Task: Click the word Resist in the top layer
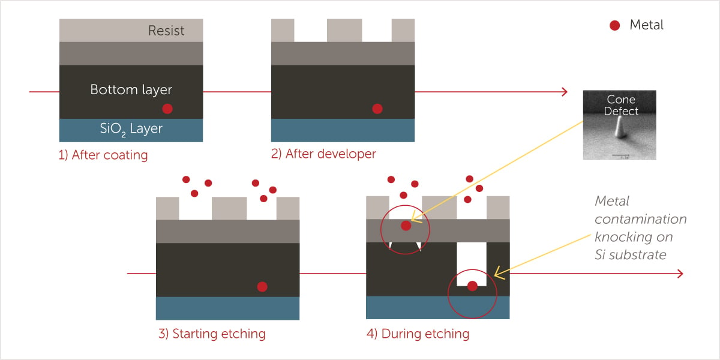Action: (166, 31)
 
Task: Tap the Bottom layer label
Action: (131, 89)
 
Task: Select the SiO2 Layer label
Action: (131, 129)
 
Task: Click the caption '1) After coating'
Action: (103, 155)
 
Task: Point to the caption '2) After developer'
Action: (323, 154)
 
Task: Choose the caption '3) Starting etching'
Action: (212, 334)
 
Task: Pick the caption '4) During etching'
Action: (418, 334)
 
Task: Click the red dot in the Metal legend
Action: (614, 25)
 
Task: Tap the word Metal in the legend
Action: (646, 25)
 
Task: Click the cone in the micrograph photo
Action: (620, 128)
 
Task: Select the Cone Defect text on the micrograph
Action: (621, 105)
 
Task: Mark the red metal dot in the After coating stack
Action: (167, 109)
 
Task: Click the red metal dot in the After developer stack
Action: (377, 109)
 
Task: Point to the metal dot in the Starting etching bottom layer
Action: (262, 287)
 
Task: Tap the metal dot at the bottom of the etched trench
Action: (472, 286)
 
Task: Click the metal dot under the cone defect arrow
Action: (406, 226)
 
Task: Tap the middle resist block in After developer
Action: (344, 30)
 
